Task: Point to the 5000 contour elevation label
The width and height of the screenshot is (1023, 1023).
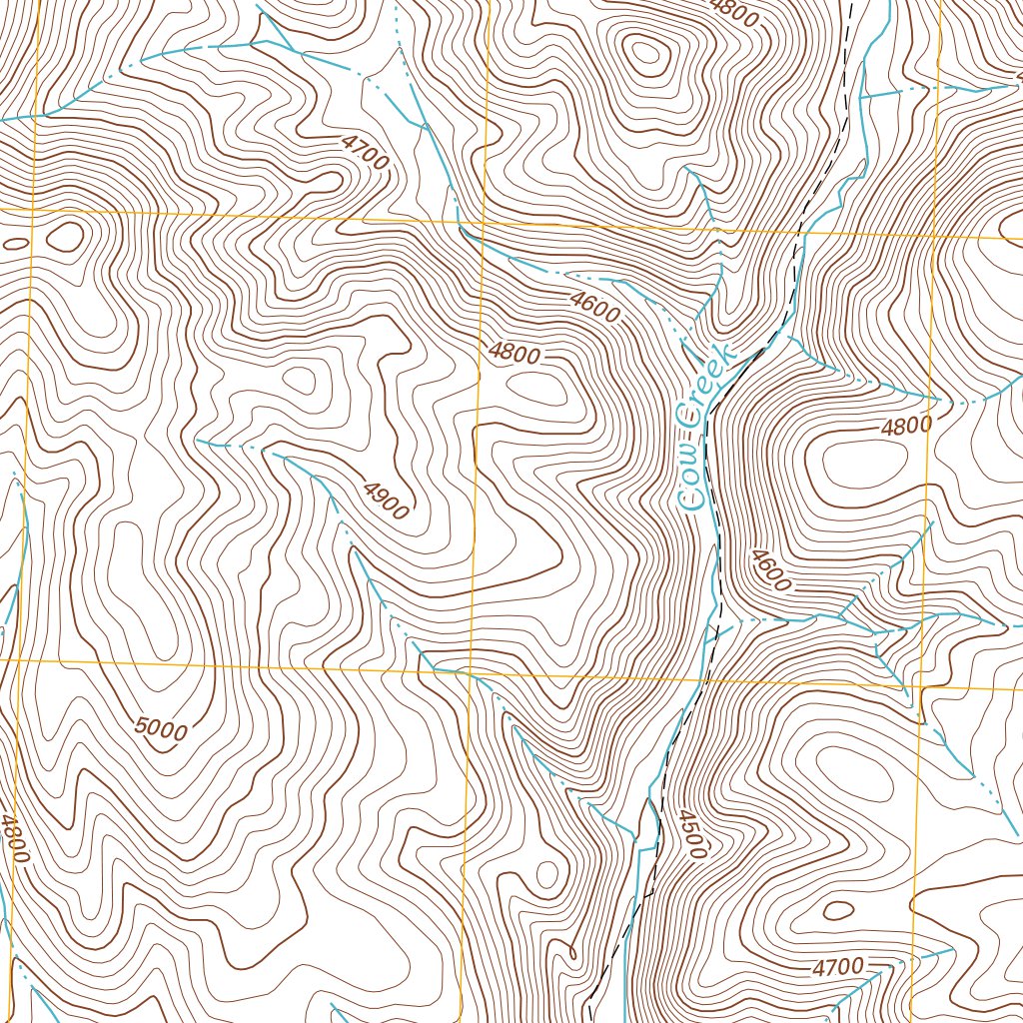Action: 160,729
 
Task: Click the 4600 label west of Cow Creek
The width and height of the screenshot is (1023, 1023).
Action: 595,307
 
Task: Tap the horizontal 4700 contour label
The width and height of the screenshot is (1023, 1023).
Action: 837,966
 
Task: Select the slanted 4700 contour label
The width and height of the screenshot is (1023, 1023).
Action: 364,153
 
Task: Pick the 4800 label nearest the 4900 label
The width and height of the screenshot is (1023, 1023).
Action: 514,354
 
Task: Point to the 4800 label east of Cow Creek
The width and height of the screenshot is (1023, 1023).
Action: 906,426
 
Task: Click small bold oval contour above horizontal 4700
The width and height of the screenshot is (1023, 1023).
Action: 837,910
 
